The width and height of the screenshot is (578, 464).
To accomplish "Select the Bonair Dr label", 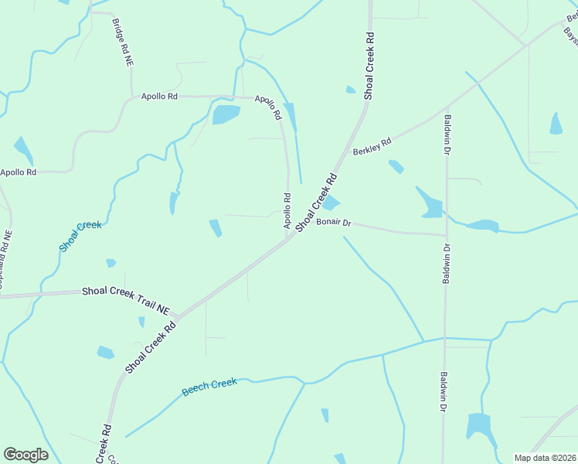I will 334,223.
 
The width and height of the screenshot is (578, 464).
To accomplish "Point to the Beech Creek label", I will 209,387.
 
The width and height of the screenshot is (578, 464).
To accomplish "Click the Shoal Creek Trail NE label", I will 125,300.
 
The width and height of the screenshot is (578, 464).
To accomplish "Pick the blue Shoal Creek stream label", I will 80,236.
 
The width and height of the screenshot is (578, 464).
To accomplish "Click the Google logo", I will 25,455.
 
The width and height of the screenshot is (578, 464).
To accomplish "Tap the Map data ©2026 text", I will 545,458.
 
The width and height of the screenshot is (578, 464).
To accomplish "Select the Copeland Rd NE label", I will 5,259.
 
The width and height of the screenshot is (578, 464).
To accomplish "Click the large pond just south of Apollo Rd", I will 226,115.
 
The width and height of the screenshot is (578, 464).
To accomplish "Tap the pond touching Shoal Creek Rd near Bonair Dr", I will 331,203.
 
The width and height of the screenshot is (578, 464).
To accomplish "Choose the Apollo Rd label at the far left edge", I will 18,172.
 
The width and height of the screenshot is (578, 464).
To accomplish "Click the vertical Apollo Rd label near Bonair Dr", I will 287,210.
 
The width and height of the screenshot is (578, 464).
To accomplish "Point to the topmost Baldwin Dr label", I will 447,133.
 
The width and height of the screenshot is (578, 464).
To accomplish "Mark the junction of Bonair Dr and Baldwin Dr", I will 446,234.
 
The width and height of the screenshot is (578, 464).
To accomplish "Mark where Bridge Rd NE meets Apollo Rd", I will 132,96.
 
